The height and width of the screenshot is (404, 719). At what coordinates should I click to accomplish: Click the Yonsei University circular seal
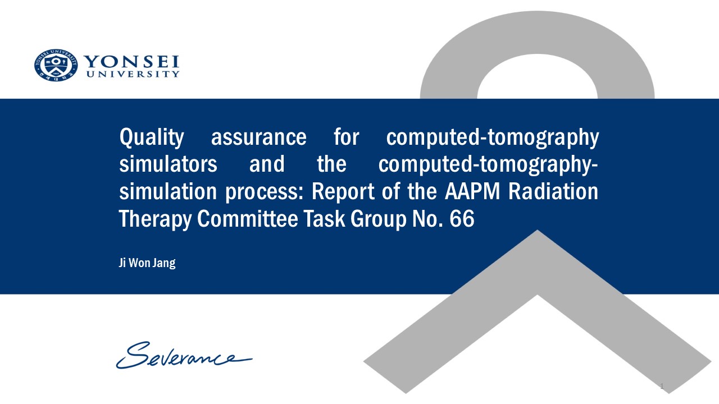56,65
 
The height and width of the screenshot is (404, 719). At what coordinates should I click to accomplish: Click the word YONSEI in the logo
131,62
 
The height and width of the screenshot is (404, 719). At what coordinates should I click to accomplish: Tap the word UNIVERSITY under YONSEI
133,74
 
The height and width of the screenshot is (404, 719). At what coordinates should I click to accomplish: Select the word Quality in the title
152,137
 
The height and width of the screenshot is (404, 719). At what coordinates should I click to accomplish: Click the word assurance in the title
259,137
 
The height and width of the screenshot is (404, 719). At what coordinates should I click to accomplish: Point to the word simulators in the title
168,164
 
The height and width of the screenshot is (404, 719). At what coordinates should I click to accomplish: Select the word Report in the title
343,192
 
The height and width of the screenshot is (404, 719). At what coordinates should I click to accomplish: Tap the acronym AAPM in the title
472,191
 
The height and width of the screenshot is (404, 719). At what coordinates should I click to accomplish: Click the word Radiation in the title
553,191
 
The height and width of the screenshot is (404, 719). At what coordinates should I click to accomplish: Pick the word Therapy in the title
156,219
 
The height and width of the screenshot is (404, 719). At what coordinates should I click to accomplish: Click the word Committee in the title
248,219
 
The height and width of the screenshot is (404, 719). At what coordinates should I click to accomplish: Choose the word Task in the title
324,219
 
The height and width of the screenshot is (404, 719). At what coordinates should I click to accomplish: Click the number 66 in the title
462,219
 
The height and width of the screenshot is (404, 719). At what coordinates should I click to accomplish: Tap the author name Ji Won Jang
147,263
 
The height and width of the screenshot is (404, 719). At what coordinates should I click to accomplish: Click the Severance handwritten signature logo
184,355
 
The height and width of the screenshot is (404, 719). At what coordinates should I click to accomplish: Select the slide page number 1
662,386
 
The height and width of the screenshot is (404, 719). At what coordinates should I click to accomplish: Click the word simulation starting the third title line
168,191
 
